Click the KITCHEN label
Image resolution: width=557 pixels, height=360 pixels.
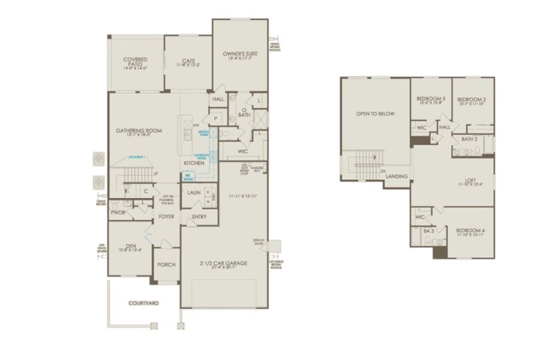pyautogui.click(x=192, y=163)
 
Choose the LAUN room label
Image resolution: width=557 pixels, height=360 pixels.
pyautogui.click(x=193, y=193)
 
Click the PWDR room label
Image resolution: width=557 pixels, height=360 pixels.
pyautogui.click(x=118, y=212)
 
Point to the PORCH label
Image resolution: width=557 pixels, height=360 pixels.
pyautogui.click(x=165, y=265)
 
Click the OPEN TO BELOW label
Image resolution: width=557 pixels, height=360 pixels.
pyautogui.click(x=375, y=113)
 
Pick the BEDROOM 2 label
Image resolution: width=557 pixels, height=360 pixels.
pyautogui.click(x=471, y=100)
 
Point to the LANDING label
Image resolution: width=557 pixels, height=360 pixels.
pyautogui.click(x=397, y=176)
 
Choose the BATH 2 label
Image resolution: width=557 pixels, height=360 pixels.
pyautogui.click(x=469, y=139)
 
